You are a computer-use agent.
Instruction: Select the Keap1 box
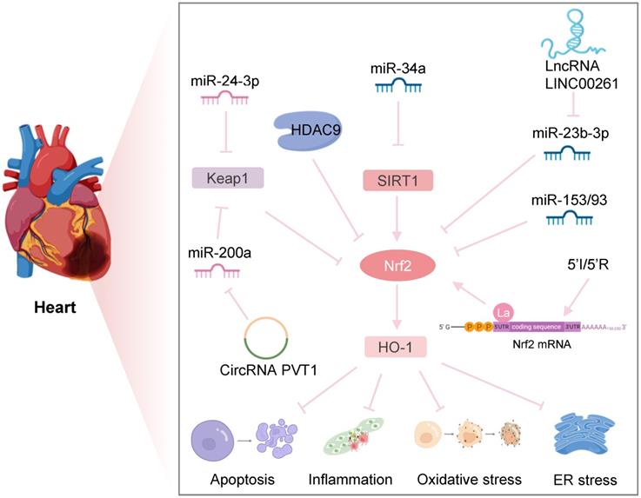(x=228, y=180)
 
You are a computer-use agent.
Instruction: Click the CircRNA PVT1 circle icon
(x=269, y=338)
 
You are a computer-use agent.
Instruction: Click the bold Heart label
(x=57, y=308)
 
